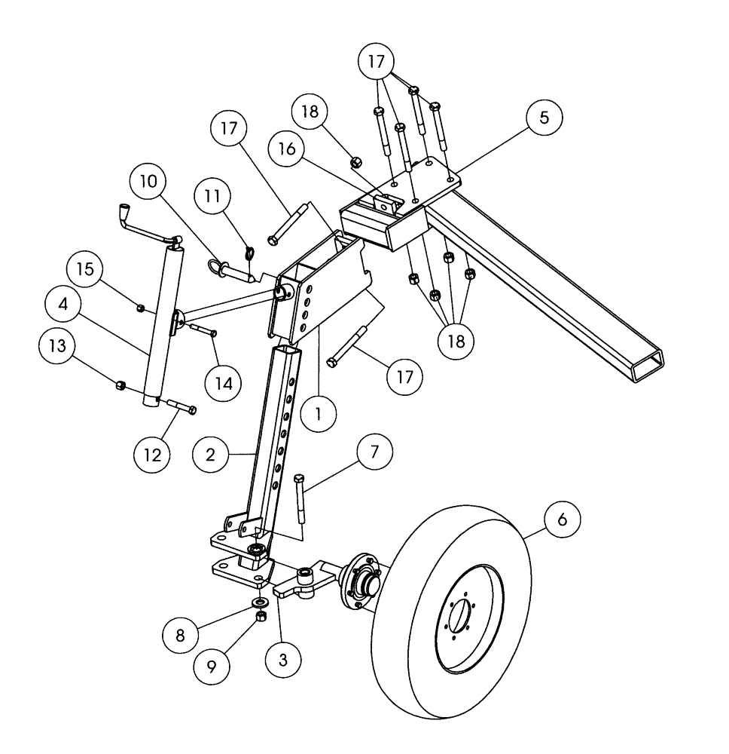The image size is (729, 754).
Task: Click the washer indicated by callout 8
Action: (261, 603)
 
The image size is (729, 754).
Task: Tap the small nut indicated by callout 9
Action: (261, 617)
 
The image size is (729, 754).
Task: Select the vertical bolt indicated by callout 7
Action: (300, 498)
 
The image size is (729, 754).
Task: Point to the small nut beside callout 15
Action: (141, 307)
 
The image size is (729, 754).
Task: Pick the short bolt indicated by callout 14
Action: (200, 329)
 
